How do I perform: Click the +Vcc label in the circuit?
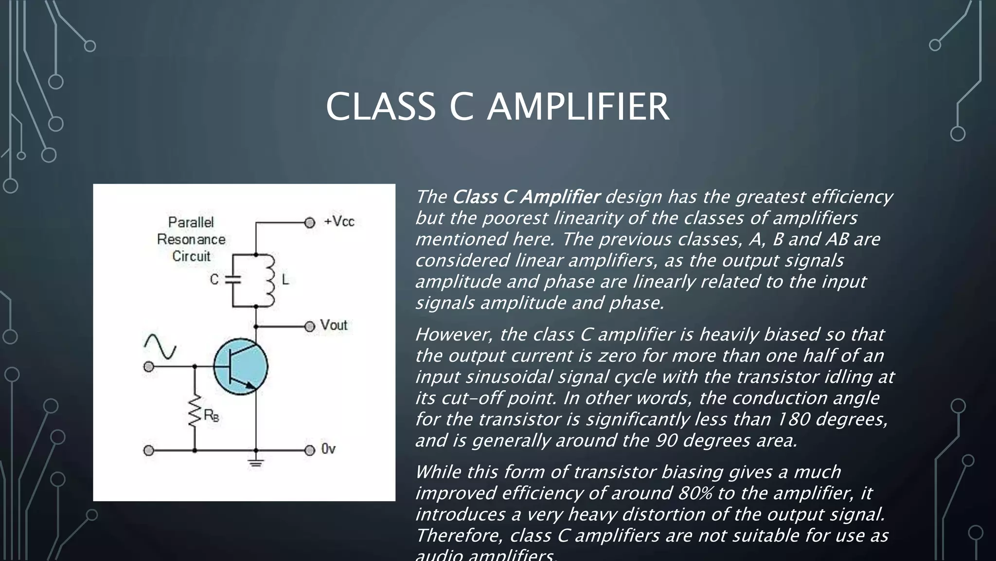click(339, 222)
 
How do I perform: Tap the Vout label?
click(334, 325)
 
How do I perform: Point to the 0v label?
click(328, 449)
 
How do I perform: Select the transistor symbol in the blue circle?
click(241, 367)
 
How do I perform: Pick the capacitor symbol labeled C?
click(232, 280)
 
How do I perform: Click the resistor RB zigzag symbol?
click(195, 412)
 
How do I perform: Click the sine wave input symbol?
click(160, 346)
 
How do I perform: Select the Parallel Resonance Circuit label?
click(191, 239)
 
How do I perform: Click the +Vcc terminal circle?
click(310, 223)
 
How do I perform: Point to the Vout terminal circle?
click(310, 326)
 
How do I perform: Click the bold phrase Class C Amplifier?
click(526, 197)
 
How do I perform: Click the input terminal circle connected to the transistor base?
click(149, 367)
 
